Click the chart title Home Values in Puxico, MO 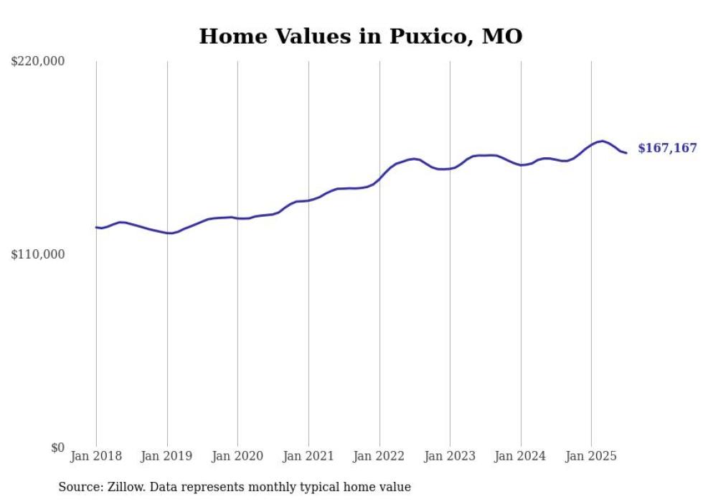pos(360,36)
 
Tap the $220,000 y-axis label pos(38,62)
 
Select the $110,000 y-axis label pos(38,254)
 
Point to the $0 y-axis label pos(57,447)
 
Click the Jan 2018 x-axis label pos(96,456)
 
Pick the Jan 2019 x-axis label pos(167,456)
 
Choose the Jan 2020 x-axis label pos(237,456)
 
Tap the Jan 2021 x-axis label pos(308,456)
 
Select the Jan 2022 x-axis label pos(379,456)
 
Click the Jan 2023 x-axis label pos(450,456)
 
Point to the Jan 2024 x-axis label pos(521,456)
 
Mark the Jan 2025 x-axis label pos(591,456)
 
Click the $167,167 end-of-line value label pos(667,149)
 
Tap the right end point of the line pos(626,152)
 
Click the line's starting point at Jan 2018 pos(96,227)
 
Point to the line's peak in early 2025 pos(602,141)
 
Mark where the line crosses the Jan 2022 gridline pos(379,180)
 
